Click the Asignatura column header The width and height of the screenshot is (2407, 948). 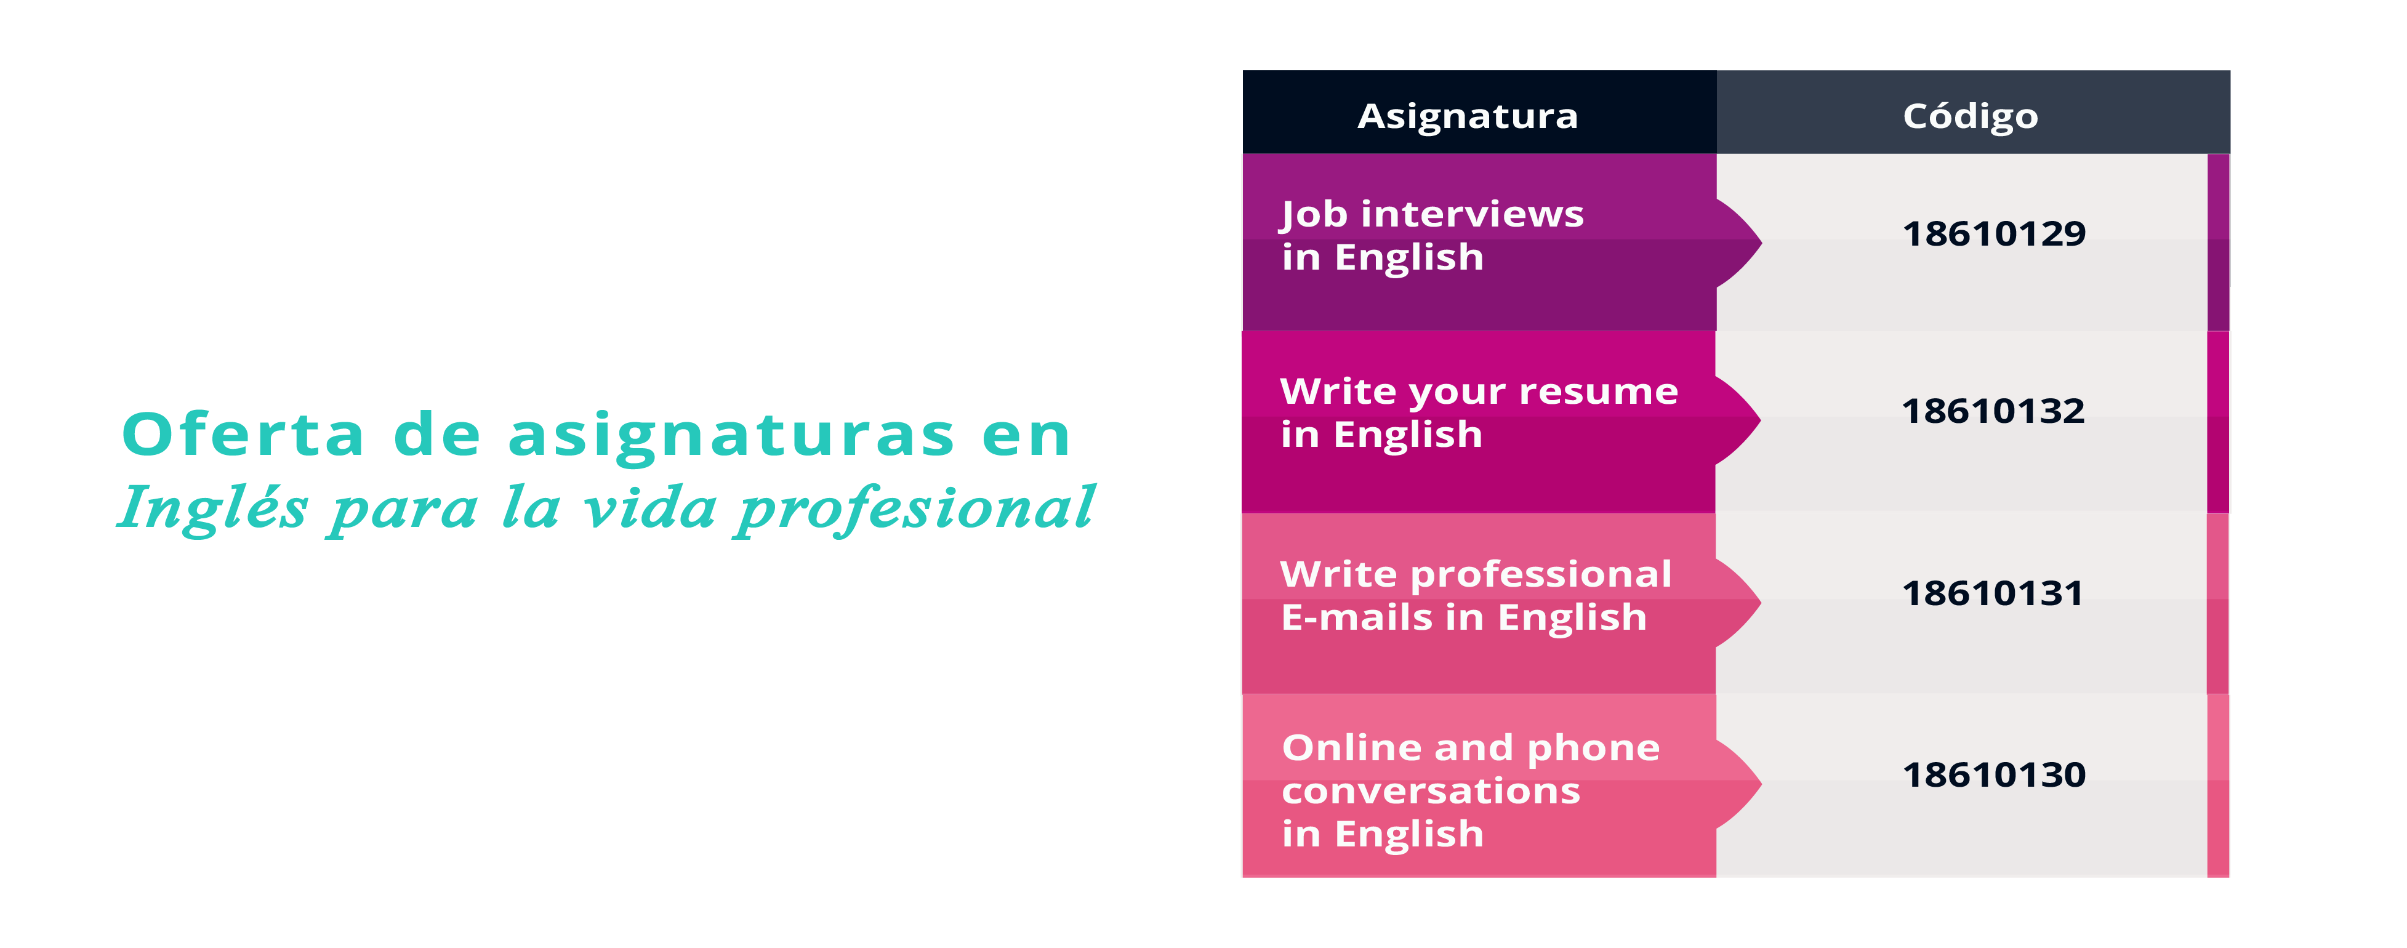click(x=1467, y=116)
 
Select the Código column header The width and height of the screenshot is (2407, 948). click(x=1970, y=116)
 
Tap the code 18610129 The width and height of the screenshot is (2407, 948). click(x=1993, y=233)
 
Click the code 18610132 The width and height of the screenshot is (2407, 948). click(x=1993, y=411)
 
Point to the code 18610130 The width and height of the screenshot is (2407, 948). click(x=1993, y=774)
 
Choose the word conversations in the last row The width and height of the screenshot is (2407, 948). click(x=1431, y=791)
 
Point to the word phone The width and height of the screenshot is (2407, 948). click(x=1593, y=748)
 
